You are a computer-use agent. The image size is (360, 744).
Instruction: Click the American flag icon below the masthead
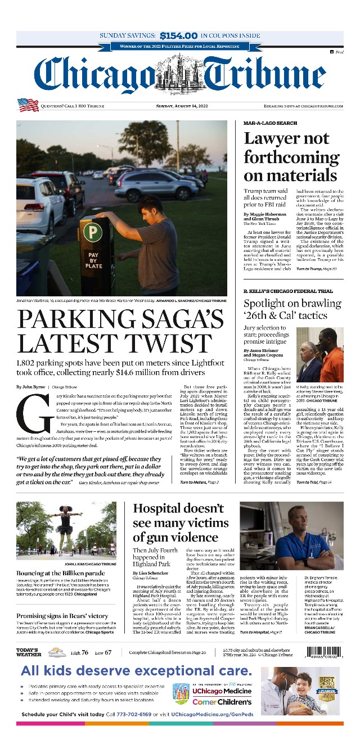click(x=28, y=105)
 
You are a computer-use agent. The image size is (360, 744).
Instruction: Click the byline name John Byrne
click(x=35, y=387)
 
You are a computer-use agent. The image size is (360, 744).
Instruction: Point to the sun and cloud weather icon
click(x=56, y=652)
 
